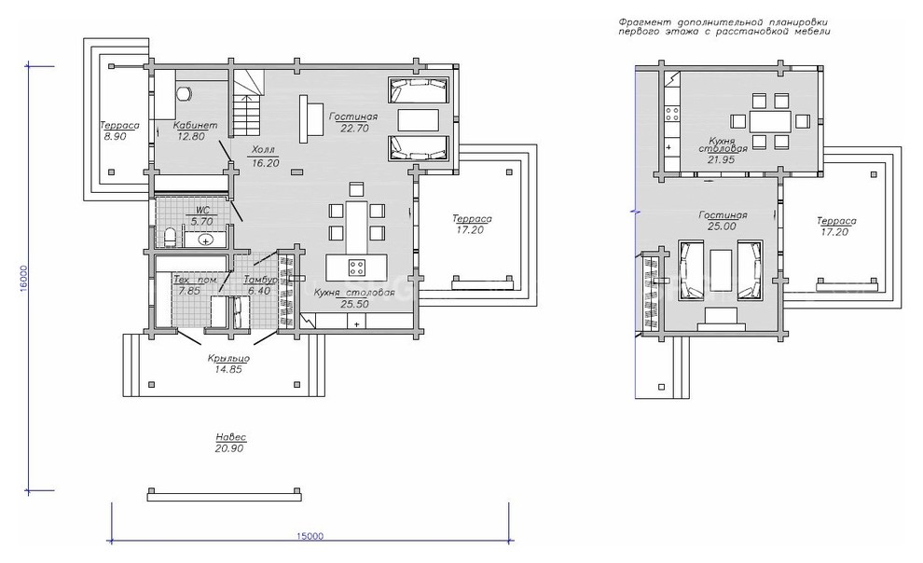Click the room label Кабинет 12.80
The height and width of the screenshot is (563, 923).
pyautogui.click(x=195, y=130)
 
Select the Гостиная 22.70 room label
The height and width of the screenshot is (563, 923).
pyautogui.click(x=352, y=122)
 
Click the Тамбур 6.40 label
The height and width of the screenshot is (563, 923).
pyautogui.click(x=258, y=284)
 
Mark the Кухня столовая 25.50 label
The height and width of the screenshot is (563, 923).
pyautogui.click(x=354, y=297)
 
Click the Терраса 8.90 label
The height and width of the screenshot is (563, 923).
pyautogui.click(x=119, y=130)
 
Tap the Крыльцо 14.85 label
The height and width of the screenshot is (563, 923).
pyautogui.click(x=228, y=363)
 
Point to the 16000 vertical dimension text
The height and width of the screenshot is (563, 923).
pyautogui.click(x=23, y=277)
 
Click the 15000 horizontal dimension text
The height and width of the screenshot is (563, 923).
pyautogui.click(x=310, y=535)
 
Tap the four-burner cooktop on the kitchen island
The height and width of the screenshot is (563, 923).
pyautogui.click(x=357, y=267)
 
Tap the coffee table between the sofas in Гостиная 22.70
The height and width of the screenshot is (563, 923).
pyautogui.click(x=419, y=120)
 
